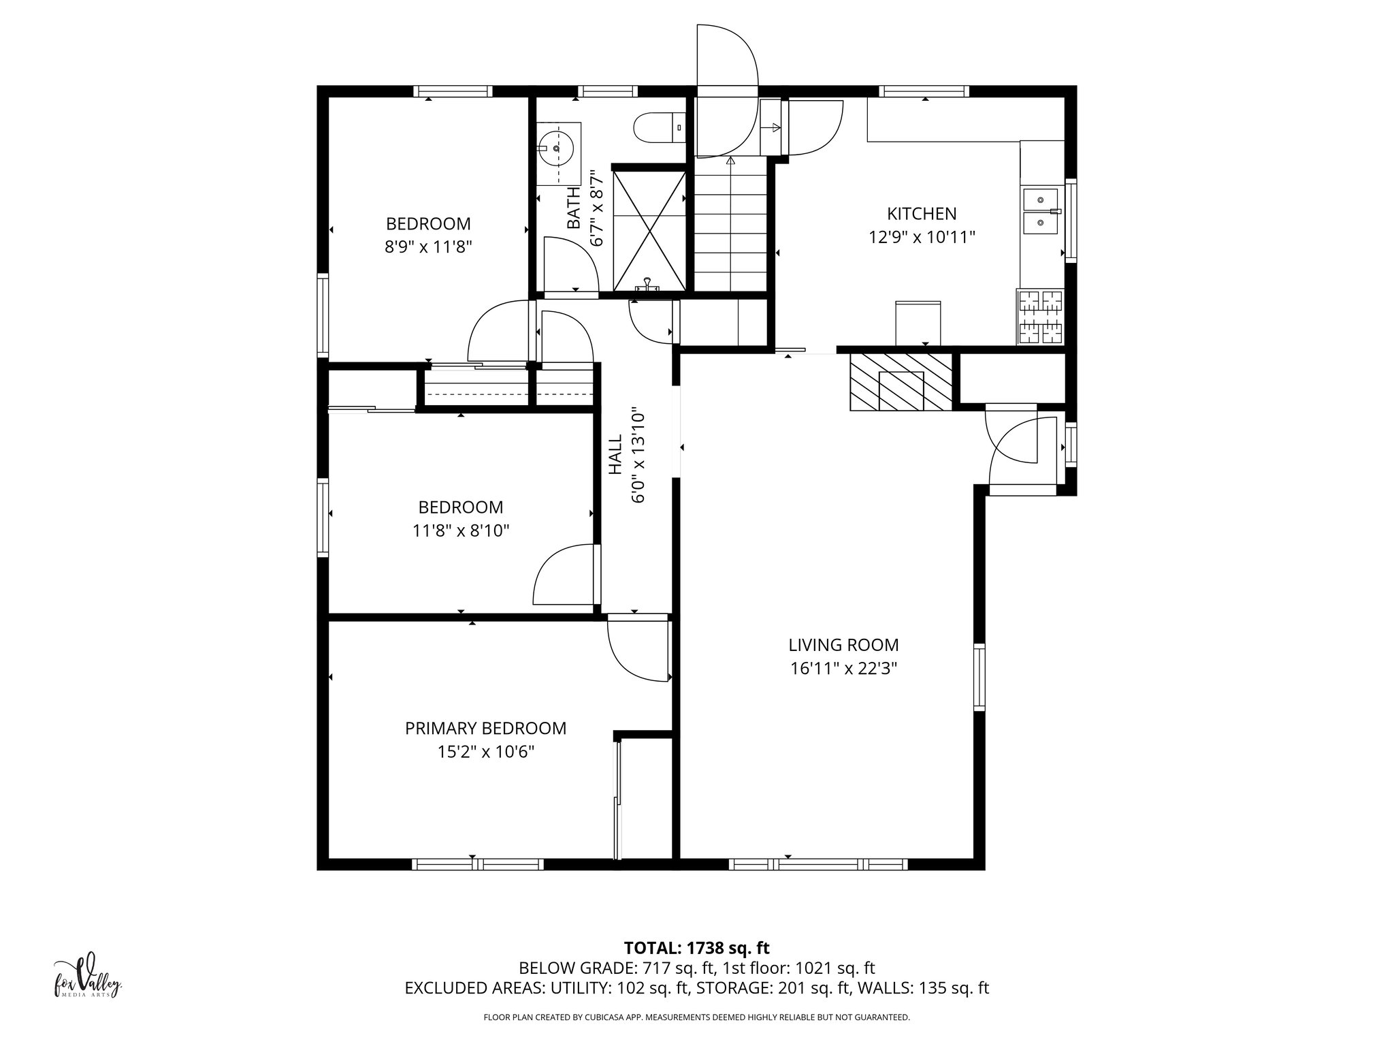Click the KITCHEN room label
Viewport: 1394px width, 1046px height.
[x=922, y=214]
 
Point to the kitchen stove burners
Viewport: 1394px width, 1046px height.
[x=1039, y=317]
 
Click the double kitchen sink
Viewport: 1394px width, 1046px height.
[x=1040, y=212]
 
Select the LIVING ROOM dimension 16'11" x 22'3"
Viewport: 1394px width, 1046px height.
[x=843, y=669]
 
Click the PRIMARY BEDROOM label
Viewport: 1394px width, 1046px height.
[x=485, y=729]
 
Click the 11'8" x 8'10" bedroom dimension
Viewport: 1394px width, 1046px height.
[x=461, y=530]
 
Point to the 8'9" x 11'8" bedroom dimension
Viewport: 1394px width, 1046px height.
[x=428, y=247]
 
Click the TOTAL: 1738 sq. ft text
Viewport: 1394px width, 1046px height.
[x=696, y=948]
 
